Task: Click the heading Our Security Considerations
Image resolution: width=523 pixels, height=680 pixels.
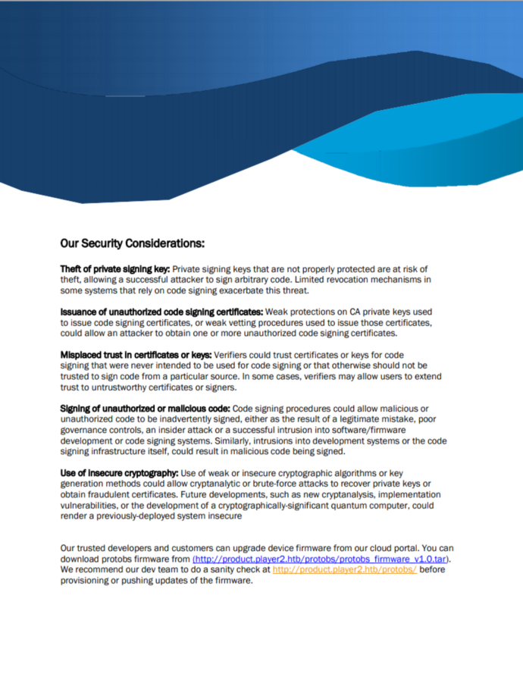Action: coord(132,243)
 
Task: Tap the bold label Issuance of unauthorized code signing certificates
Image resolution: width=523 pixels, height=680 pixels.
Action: coord(161,312)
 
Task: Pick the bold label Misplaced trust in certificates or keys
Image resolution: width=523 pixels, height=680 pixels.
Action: coord(136,354)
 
